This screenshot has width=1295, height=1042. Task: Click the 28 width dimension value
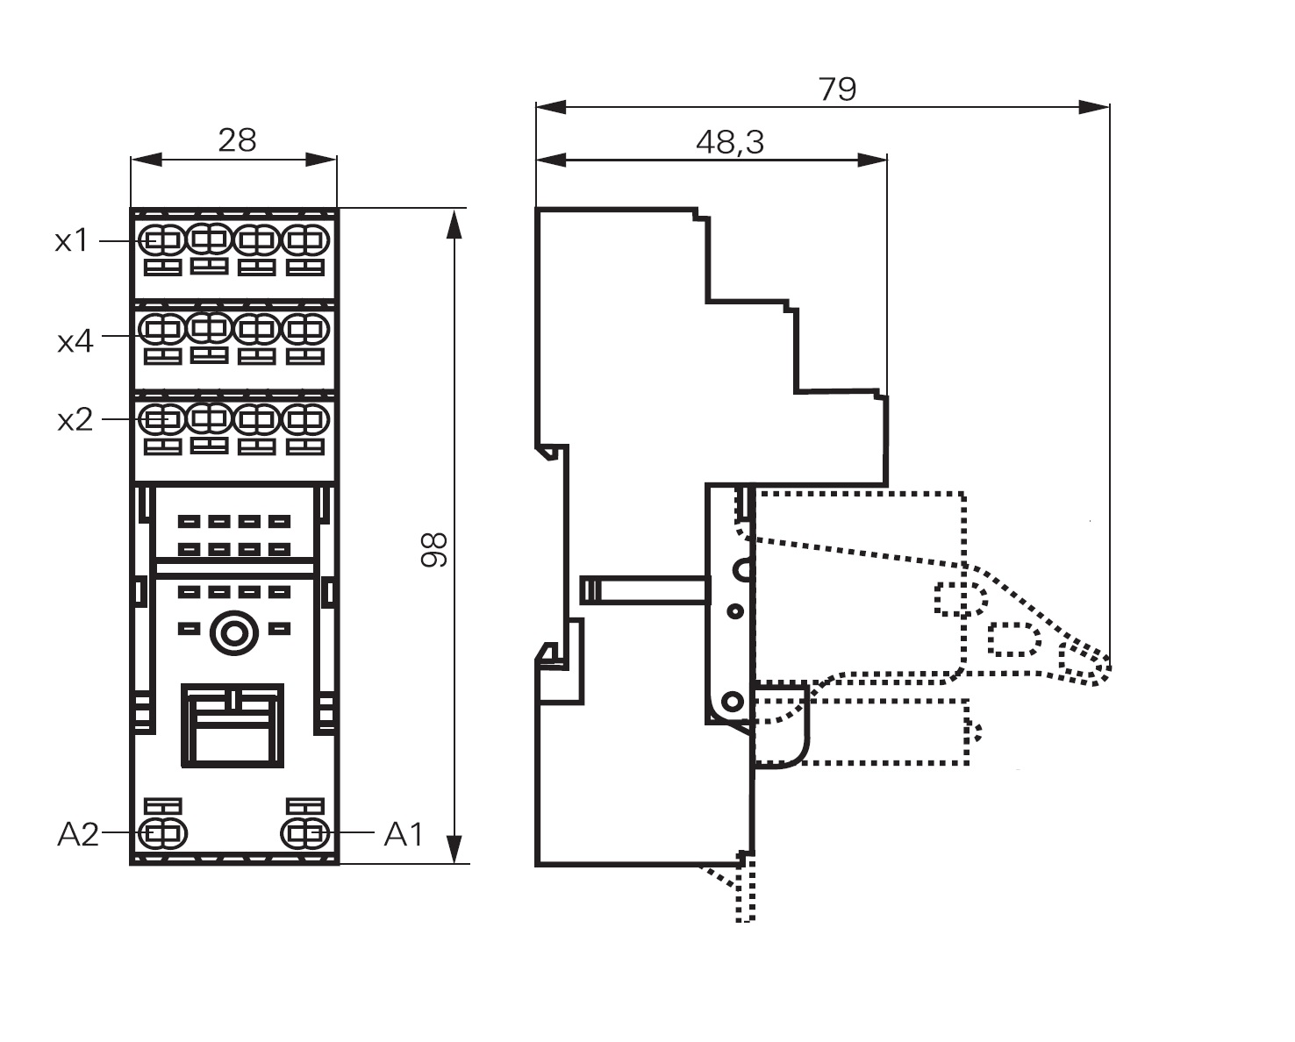(x=237, y=139)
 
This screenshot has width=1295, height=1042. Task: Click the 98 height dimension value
(x=434, y=549)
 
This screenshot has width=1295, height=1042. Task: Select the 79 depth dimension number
(x=837, y=89)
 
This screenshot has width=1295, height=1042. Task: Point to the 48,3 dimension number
(x=729, y=142)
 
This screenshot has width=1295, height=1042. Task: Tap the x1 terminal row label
(x=72, y=240)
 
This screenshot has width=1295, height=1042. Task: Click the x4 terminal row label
(x=75, y=340)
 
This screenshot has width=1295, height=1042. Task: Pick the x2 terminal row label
(x=75, y=420)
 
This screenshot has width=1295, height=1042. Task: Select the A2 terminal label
(x=78, y=834)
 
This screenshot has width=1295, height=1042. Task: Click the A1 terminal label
(x=404, y=834)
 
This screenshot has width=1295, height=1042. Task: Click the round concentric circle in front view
(x=233, y=632)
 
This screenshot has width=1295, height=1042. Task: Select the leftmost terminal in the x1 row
(x=162, y=239)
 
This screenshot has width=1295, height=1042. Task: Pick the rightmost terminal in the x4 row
(x=304, y=330)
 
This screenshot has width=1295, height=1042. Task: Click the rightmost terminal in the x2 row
(x=304, y=418)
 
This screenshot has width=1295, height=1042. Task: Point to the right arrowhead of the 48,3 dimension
(x=872, y=160)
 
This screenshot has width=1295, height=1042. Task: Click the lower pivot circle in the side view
(x=733, y=701)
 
